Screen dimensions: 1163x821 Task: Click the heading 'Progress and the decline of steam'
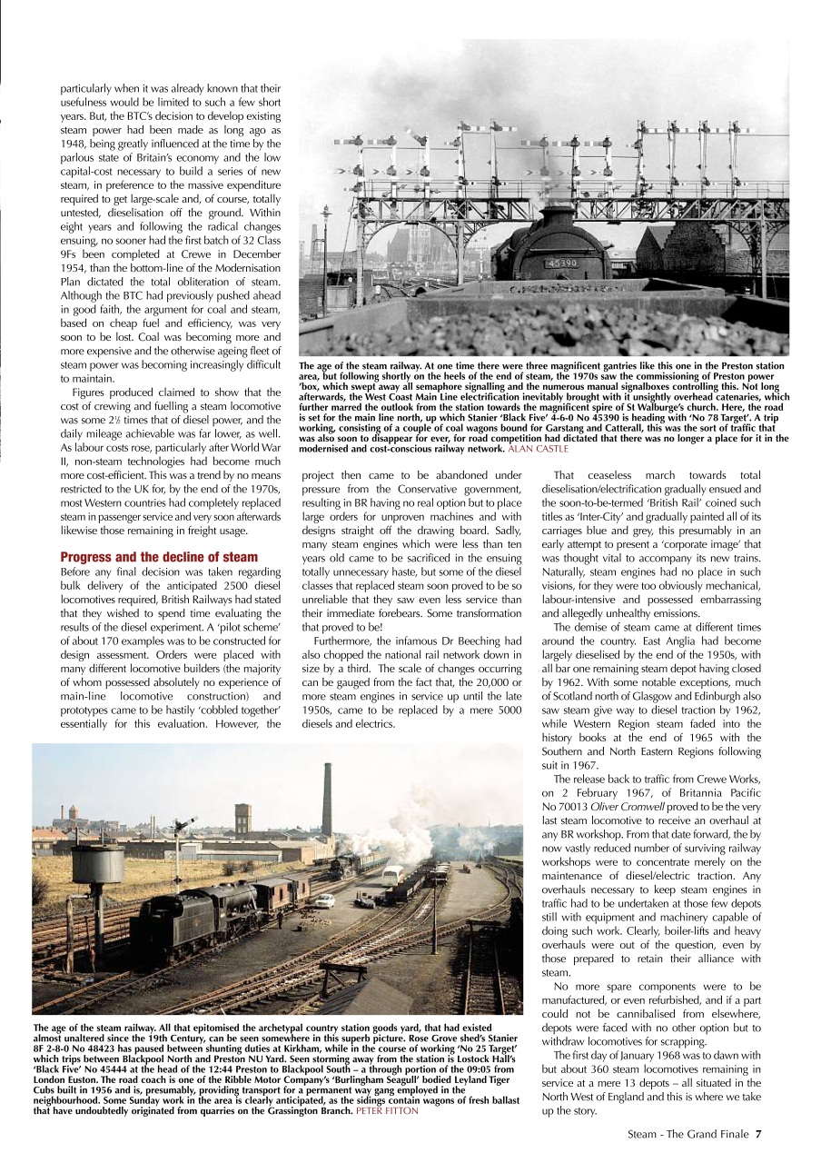(x=159, y=557)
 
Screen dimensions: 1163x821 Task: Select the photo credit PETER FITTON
(x=388, y=1111)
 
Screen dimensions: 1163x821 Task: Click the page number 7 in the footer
(x=758, y=1133)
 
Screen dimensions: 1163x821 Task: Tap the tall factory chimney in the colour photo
(x=326, y=800)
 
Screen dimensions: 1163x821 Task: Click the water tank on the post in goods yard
(x=97, y=863)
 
